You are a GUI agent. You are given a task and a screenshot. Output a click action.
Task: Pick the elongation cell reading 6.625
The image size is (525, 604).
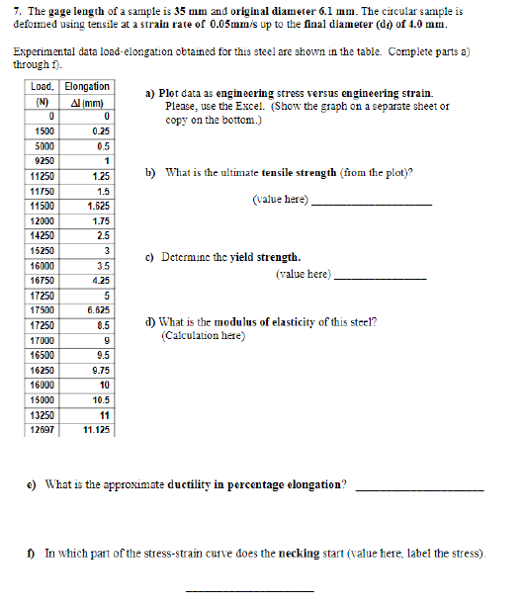[97, 309]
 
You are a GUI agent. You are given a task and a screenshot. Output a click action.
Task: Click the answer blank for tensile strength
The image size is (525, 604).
[372, 203]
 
